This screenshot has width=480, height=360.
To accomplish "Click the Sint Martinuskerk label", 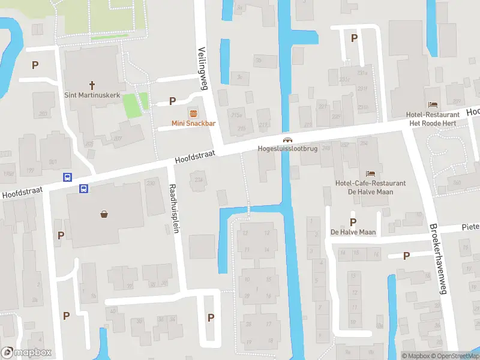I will (92, 95).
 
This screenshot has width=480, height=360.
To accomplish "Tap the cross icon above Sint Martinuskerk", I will (93, 85).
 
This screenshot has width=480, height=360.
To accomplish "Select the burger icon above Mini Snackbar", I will (193, 113).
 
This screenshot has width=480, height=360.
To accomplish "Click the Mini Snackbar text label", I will (193, 124).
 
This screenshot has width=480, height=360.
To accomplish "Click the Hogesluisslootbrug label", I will (287, 148).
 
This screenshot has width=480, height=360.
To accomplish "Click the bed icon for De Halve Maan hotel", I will (370, 173).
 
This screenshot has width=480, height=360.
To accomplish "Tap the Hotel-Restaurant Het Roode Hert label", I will (433, 119).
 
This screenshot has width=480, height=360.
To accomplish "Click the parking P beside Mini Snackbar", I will (173, 101).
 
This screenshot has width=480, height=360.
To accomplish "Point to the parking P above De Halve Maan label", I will (353, 221).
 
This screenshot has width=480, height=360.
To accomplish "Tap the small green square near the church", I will (133, 106).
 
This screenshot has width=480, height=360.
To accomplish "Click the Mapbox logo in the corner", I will (26, 353).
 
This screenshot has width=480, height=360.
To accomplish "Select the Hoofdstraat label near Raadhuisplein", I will (195, 157).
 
